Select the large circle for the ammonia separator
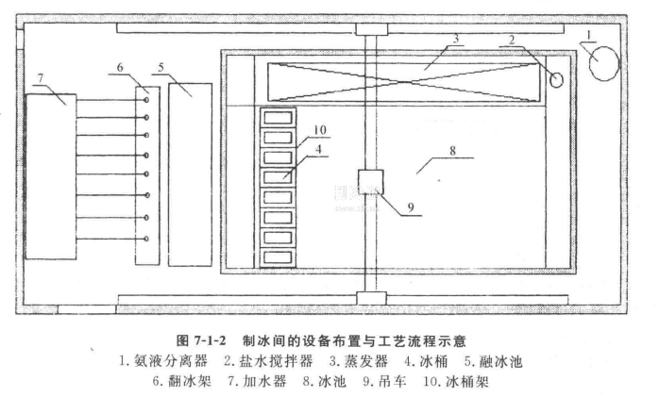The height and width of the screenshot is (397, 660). coord(603,63)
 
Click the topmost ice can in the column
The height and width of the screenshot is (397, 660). coord(278,118)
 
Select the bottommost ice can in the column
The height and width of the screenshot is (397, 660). coord(278,256)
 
